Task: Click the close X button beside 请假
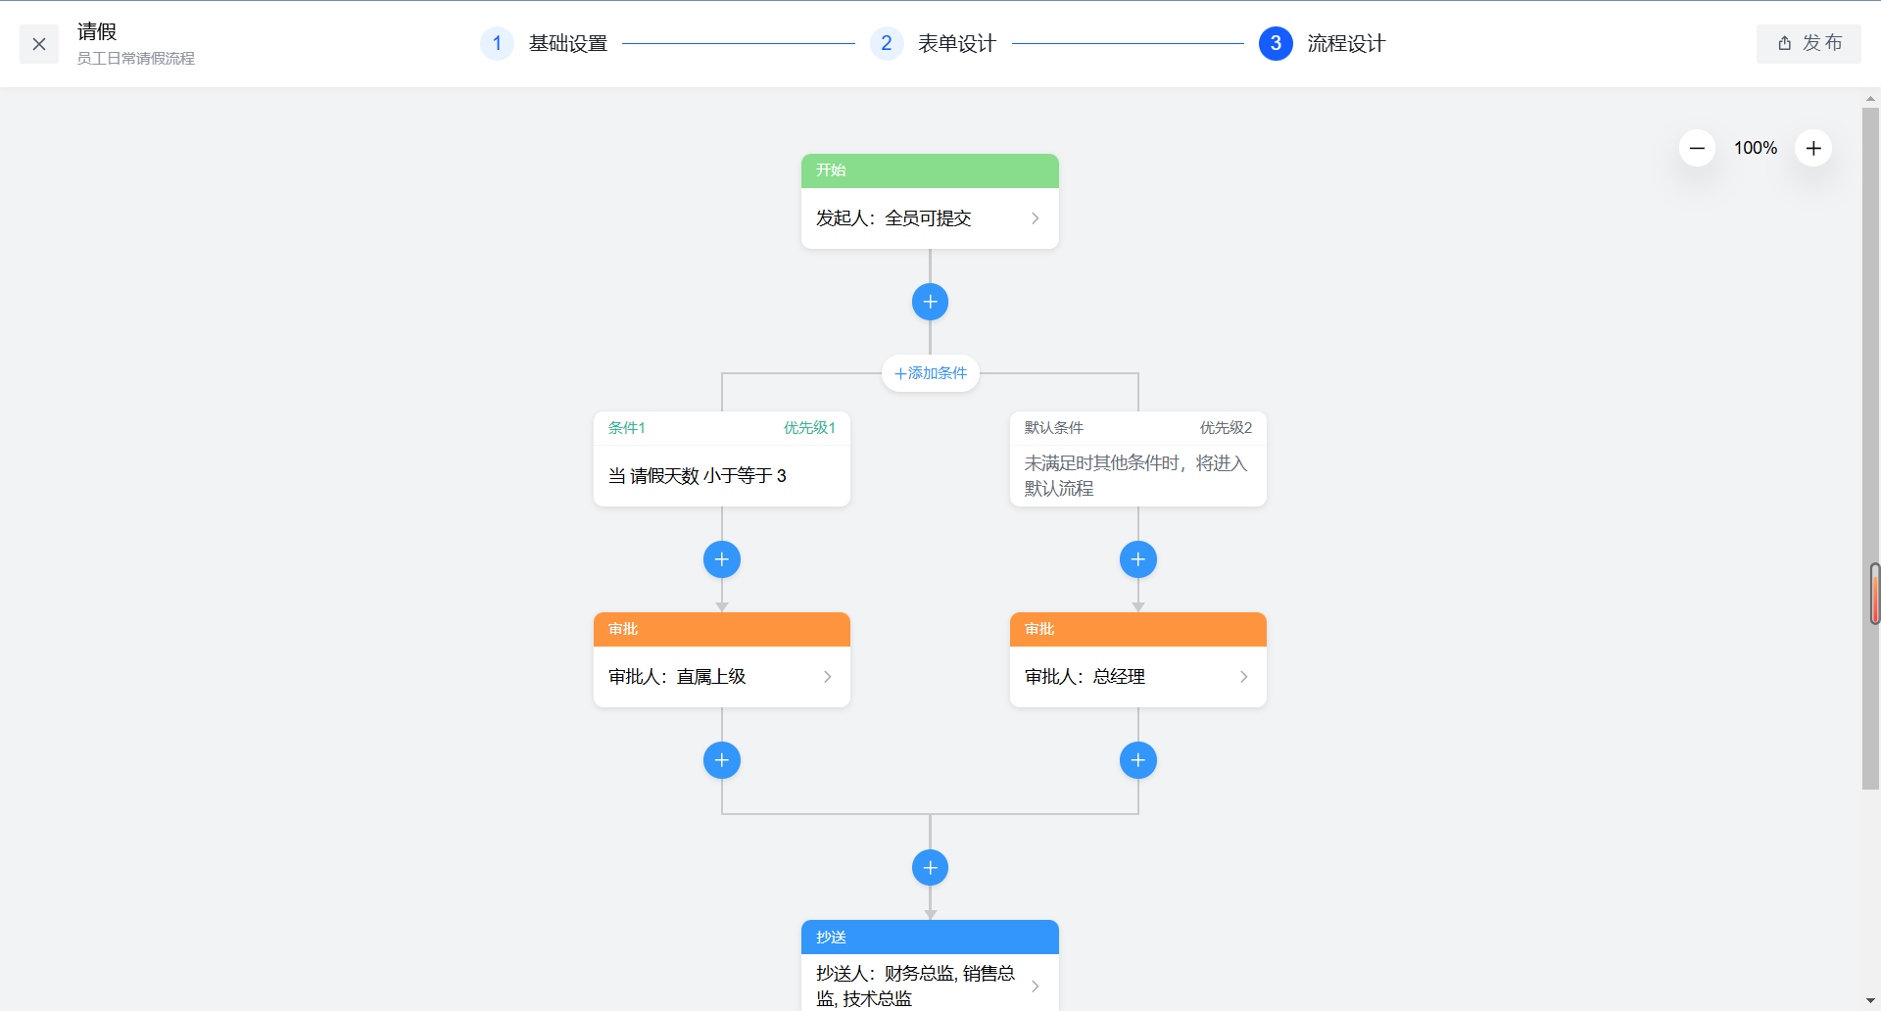point(39,44)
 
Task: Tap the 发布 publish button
point(1809,43)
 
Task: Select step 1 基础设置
point(566,44)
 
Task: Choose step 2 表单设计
point(955,44)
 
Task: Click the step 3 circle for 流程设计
point(1276,43)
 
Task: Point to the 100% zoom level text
point(1755,148)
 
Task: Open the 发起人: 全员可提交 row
point(929,218)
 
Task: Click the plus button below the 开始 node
point(930,302)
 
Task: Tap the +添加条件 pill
point(930,373)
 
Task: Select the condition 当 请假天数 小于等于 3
point(721,476)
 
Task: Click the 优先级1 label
point(809,428)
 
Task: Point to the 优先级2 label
point(1226,428)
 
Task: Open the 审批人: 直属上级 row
point(721,677)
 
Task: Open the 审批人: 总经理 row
point(1137,677)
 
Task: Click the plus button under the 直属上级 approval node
point(722,760)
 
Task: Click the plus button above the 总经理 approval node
point(1137,559)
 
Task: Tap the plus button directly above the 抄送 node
point(930,868)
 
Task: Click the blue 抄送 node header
point(929,937)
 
